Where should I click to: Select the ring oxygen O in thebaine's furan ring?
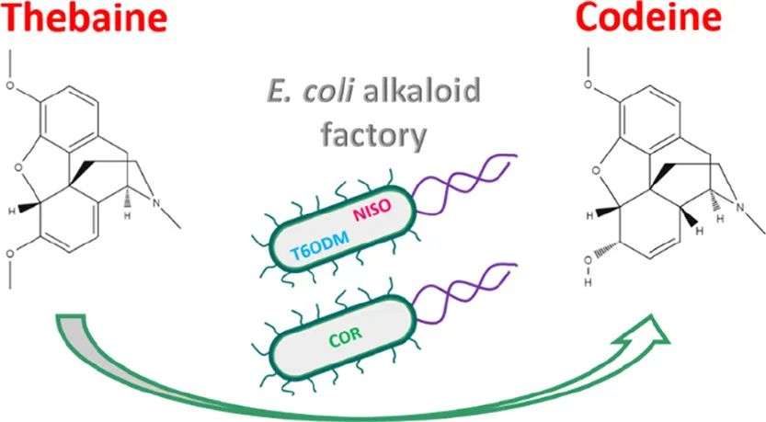17,169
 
